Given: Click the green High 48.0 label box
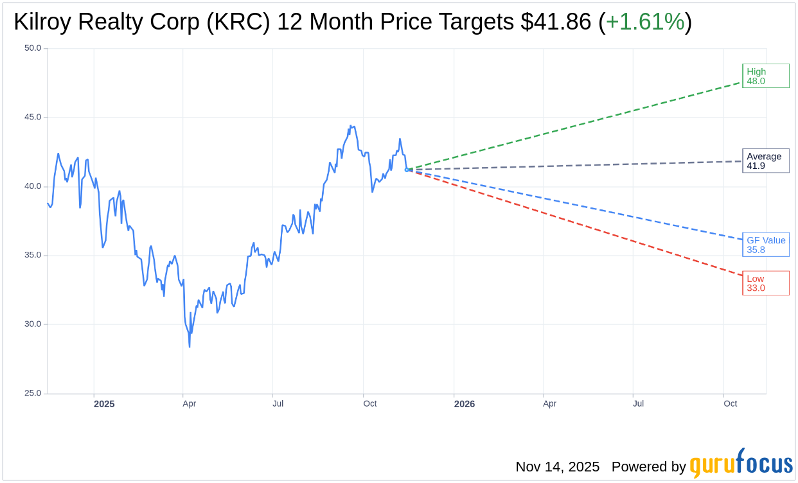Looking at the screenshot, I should click(x=765, y=76).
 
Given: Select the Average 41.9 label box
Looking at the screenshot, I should click(x=765, y=161).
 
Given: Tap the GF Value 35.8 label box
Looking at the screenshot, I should click(x=765, y=245).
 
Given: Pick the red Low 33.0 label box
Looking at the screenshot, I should click(x=765, y=283).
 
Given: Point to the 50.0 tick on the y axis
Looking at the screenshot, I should click(x=32, y=48).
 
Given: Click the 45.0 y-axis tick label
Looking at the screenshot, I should click(x=32, y=118).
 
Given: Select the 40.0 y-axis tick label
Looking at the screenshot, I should click(x=32, y=186).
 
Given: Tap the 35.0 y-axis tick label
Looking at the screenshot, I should click(x=32, y=255).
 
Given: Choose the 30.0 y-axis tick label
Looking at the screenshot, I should click(x=32, y=324).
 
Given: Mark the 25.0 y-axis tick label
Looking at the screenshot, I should click(x=32, y=393).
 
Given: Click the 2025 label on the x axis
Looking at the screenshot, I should click(x=104, y=404).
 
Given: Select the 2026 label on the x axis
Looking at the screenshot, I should click(x=464, y=404).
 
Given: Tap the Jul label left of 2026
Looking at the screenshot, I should click(x=278, y=404).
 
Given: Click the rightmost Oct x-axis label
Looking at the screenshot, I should click(x=731, y=404).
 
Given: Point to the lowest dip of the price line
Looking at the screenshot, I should click(x=190, y=347).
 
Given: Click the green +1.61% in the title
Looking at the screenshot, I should click(x=645, y=22).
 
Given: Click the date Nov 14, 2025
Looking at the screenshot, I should click(x=557, y=467).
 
